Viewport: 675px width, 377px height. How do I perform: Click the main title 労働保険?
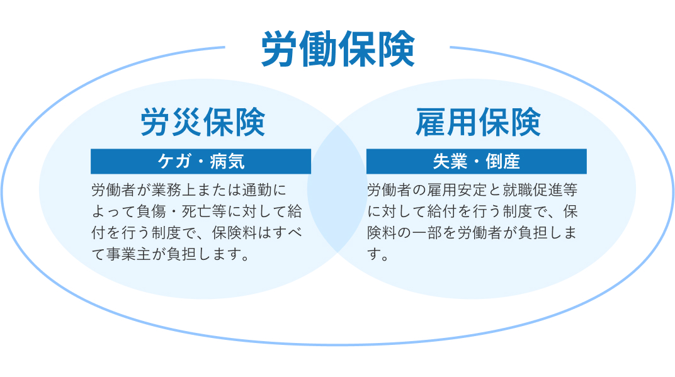pos(338,49)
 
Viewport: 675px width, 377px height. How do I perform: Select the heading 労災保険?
pos(203,122)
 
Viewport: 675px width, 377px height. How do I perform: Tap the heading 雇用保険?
pos(478,122)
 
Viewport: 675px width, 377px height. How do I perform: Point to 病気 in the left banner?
pos(227,161)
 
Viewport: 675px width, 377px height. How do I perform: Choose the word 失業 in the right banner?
pos(450,161)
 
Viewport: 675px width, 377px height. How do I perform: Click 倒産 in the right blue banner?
pos(503,161)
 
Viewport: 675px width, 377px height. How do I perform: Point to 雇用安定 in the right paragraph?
pos(457,190)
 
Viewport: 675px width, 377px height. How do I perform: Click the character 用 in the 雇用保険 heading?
pos(462,122)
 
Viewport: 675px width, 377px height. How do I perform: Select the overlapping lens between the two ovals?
pos(337,189)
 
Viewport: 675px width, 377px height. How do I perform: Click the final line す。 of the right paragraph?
pos(378,254)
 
